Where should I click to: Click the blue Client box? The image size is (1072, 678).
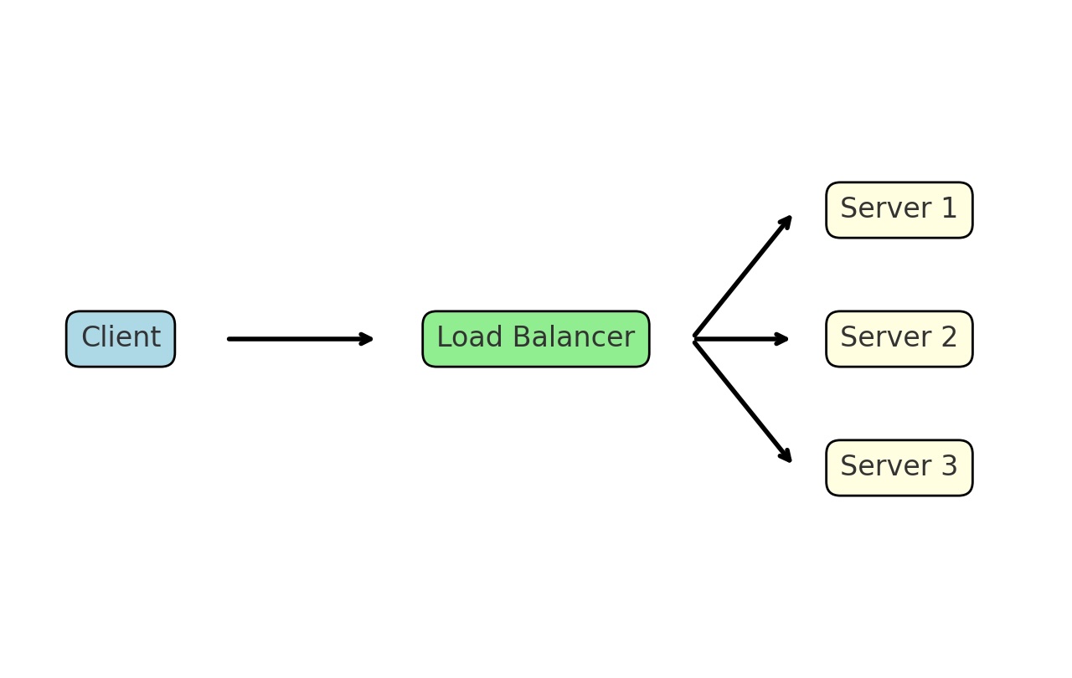tap(121, 339)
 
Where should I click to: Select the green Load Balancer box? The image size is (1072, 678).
tap(536, 339)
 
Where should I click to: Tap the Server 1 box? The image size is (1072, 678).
tap(899, 210)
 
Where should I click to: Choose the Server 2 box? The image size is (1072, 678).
tap(899, 339)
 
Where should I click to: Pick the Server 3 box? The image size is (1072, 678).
tap(899, 468)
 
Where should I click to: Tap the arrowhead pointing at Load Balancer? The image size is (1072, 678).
tap(366, 339)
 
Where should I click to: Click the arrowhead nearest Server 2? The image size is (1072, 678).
tap(782, 339)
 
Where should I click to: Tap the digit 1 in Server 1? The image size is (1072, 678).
tap(948, 209)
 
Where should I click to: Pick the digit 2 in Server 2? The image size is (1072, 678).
tap(948, 338)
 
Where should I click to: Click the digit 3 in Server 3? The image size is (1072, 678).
tap(948, 467)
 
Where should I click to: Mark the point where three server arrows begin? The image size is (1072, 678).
tap(694, 339)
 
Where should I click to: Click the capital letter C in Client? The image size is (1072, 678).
tap(90, 338)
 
